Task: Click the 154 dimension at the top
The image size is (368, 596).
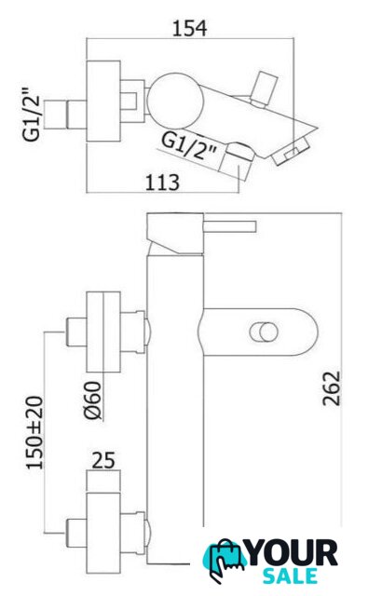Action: (x=190, y=28)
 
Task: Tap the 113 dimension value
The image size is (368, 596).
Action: (x=162, y=183)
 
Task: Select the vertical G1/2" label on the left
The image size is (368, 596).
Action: (x=32, y=115)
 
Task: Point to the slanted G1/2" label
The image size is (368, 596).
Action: (x=188, y=146)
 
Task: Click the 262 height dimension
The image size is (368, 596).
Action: (x=331, y=388)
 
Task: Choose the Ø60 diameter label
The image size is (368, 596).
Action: (x=93, y=400)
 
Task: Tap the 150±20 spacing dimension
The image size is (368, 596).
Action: (x=34, y=432)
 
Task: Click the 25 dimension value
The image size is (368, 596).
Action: (x=103, y=460)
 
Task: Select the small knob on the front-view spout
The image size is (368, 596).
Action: (x=264, y=332)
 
